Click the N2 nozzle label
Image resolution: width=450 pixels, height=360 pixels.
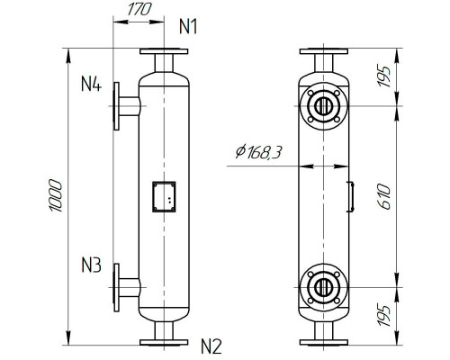[x=211, y=344]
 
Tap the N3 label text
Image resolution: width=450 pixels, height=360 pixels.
[x=93, y=265]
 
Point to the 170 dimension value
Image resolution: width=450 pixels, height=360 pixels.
[x=137, y=11]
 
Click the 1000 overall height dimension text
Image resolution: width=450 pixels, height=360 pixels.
[x=55, y=195]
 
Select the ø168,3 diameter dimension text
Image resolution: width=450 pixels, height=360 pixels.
[x=256, y=154]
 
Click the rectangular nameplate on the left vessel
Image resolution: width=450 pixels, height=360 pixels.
[x=163, y=196]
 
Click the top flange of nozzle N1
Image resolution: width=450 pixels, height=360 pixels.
[x=162, y=51]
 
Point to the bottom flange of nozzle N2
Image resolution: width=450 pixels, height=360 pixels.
[x=162, y=340]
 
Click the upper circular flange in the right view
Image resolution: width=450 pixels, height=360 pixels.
[x=321, y=107]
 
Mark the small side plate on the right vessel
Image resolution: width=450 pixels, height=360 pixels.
[x=348, y=196]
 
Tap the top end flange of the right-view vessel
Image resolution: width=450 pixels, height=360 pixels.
[x=321, y=51]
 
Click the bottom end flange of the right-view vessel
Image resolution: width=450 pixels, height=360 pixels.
[x=321, y=340]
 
